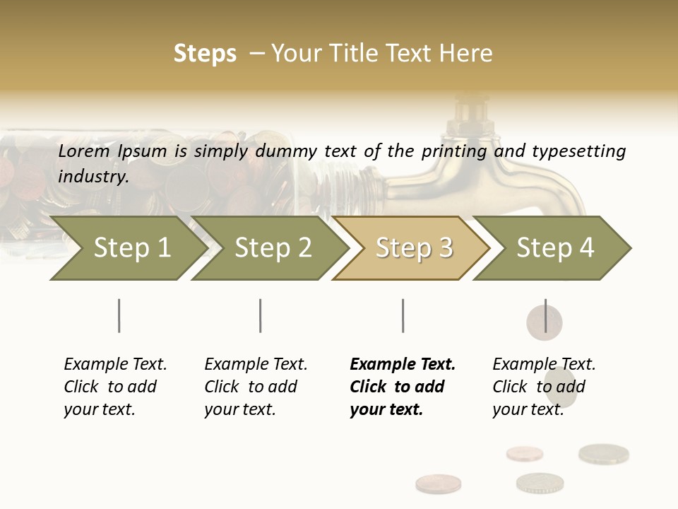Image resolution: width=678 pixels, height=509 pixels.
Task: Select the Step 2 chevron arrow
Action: pyautogui.click(x=273, y=248)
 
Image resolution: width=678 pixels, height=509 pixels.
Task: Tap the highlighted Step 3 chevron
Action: pyautogui.click(x=414, y=248)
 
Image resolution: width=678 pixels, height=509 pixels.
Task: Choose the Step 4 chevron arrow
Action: pyautogui.click(x=555, y=248)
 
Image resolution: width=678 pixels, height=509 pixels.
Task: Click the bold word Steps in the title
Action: pyautogui.click(x=205, y=54)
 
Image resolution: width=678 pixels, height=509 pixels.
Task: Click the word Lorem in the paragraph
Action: pyautogui.click(x=84, y=151)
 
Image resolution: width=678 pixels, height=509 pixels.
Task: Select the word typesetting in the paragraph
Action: pyautogui.click(x=578, y=151)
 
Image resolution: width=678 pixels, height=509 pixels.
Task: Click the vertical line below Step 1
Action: pyautogui.click(x=119, y=315)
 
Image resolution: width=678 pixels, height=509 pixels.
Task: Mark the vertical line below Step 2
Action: pyautogui.click(x=261, y=315)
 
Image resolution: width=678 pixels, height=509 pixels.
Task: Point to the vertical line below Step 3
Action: pyautogui.click(x=403, y=315)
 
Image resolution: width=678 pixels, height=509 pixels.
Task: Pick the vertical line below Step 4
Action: pyautogui.click(x=545, y=315)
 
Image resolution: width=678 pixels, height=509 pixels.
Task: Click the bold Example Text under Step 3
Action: pyautogui.click(x=403, y=365)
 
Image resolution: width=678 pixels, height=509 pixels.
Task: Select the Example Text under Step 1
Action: pyautogui.click(x=115, y=365)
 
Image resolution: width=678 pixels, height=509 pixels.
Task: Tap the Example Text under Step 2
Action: pyautogui.click(x=256, y=365)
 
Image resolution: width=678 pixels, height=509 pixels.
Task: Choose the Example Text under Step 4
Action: pyautogui.click(x=544, y=365)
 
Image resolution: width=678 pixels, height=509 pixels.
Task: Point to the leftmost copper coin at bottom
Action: pyautogui.click(x=438, y=484)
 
